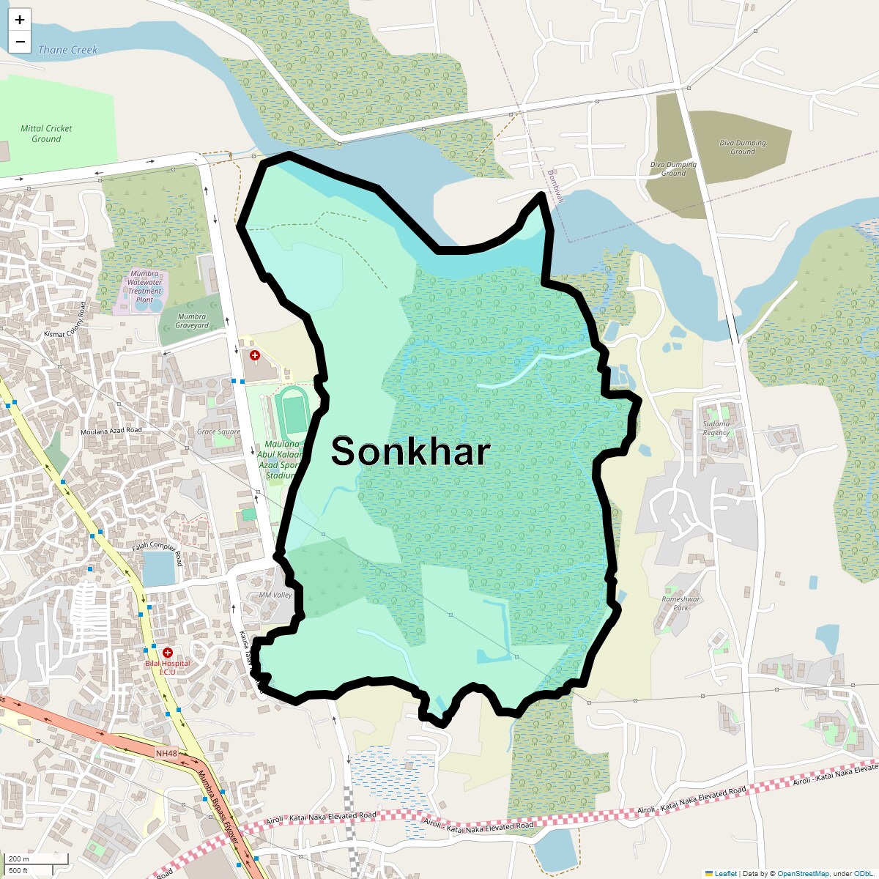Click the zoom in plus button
[x=20, y=20]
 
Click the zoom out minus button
[x=20, y=42]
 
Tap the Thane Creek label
[x=67, y=50]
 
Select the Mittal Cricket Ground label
[x=46, y=133]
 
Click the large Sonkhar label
[x=410, y=451]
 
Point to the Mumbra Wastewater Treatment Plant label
[x=144, y=286]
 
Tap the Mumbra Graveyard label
[x=192, y=322]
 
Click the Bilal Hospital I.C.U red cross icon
[x=168, y=652]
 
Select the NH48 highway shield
[x=166, y=753]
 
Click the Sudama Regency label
[x=716, y=428]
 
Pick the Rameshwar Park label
[x=680, y=603]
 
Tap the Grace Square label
[x=218, y=431]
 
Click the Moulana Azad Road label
[x=111, y=431]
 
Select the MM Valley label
[x=275, y=595]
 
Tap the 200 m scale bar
[x=37, y=858]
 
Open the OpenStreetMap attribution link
[x=803, y=873]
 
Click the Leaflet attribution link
[x=725, y=873]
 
